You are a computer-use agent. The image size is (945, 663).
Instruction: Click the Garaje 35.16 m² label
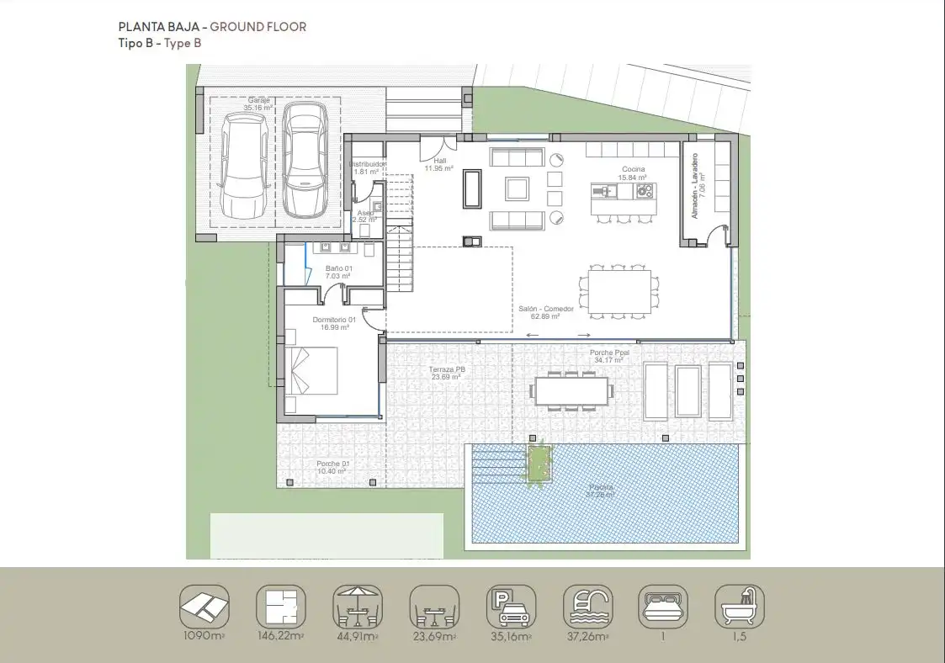pyautogui.click(x=258, y=104)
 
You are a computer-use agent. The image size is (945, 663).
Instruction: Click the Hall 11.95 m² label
pyautogui.click(x=439, y=164)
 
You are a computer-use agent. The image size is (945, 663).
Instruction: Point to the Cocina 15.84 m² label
pyautogui.click(x=632, y=174)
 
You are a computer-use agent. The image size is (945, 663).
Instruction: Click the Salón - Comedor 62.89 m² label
pyautogui.click(x=546, y=313)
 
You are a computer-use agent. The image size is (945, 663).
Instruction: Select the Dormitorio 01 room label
pyautogui.click(x=334, y=324)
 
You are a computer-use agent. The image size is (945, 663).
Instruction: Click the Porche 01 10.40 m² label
pyautogui.click(x=333, y=468)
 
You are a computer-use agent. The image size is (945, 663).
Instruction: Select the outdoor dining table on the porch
pyautogui.click(x=571, y=390)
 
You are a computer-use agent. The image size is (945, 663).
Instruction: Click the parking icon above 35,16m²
pyautogui.click(x=509, y=606)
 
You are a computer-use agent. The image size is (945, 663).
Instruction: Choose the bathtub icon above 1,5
pyautogui.click(x=740, y=606)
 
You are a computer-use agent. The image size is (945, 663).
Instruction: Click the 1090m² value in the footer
pyautogui.click(x=204, y=637)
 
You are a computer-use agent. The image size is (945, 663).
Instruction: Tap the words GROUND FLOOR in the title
pyautogui.click(x=258, y=27)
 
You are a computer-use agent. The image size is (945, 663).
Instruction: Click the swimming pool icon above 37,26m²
pyautogui.click(x=587, y=606)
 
